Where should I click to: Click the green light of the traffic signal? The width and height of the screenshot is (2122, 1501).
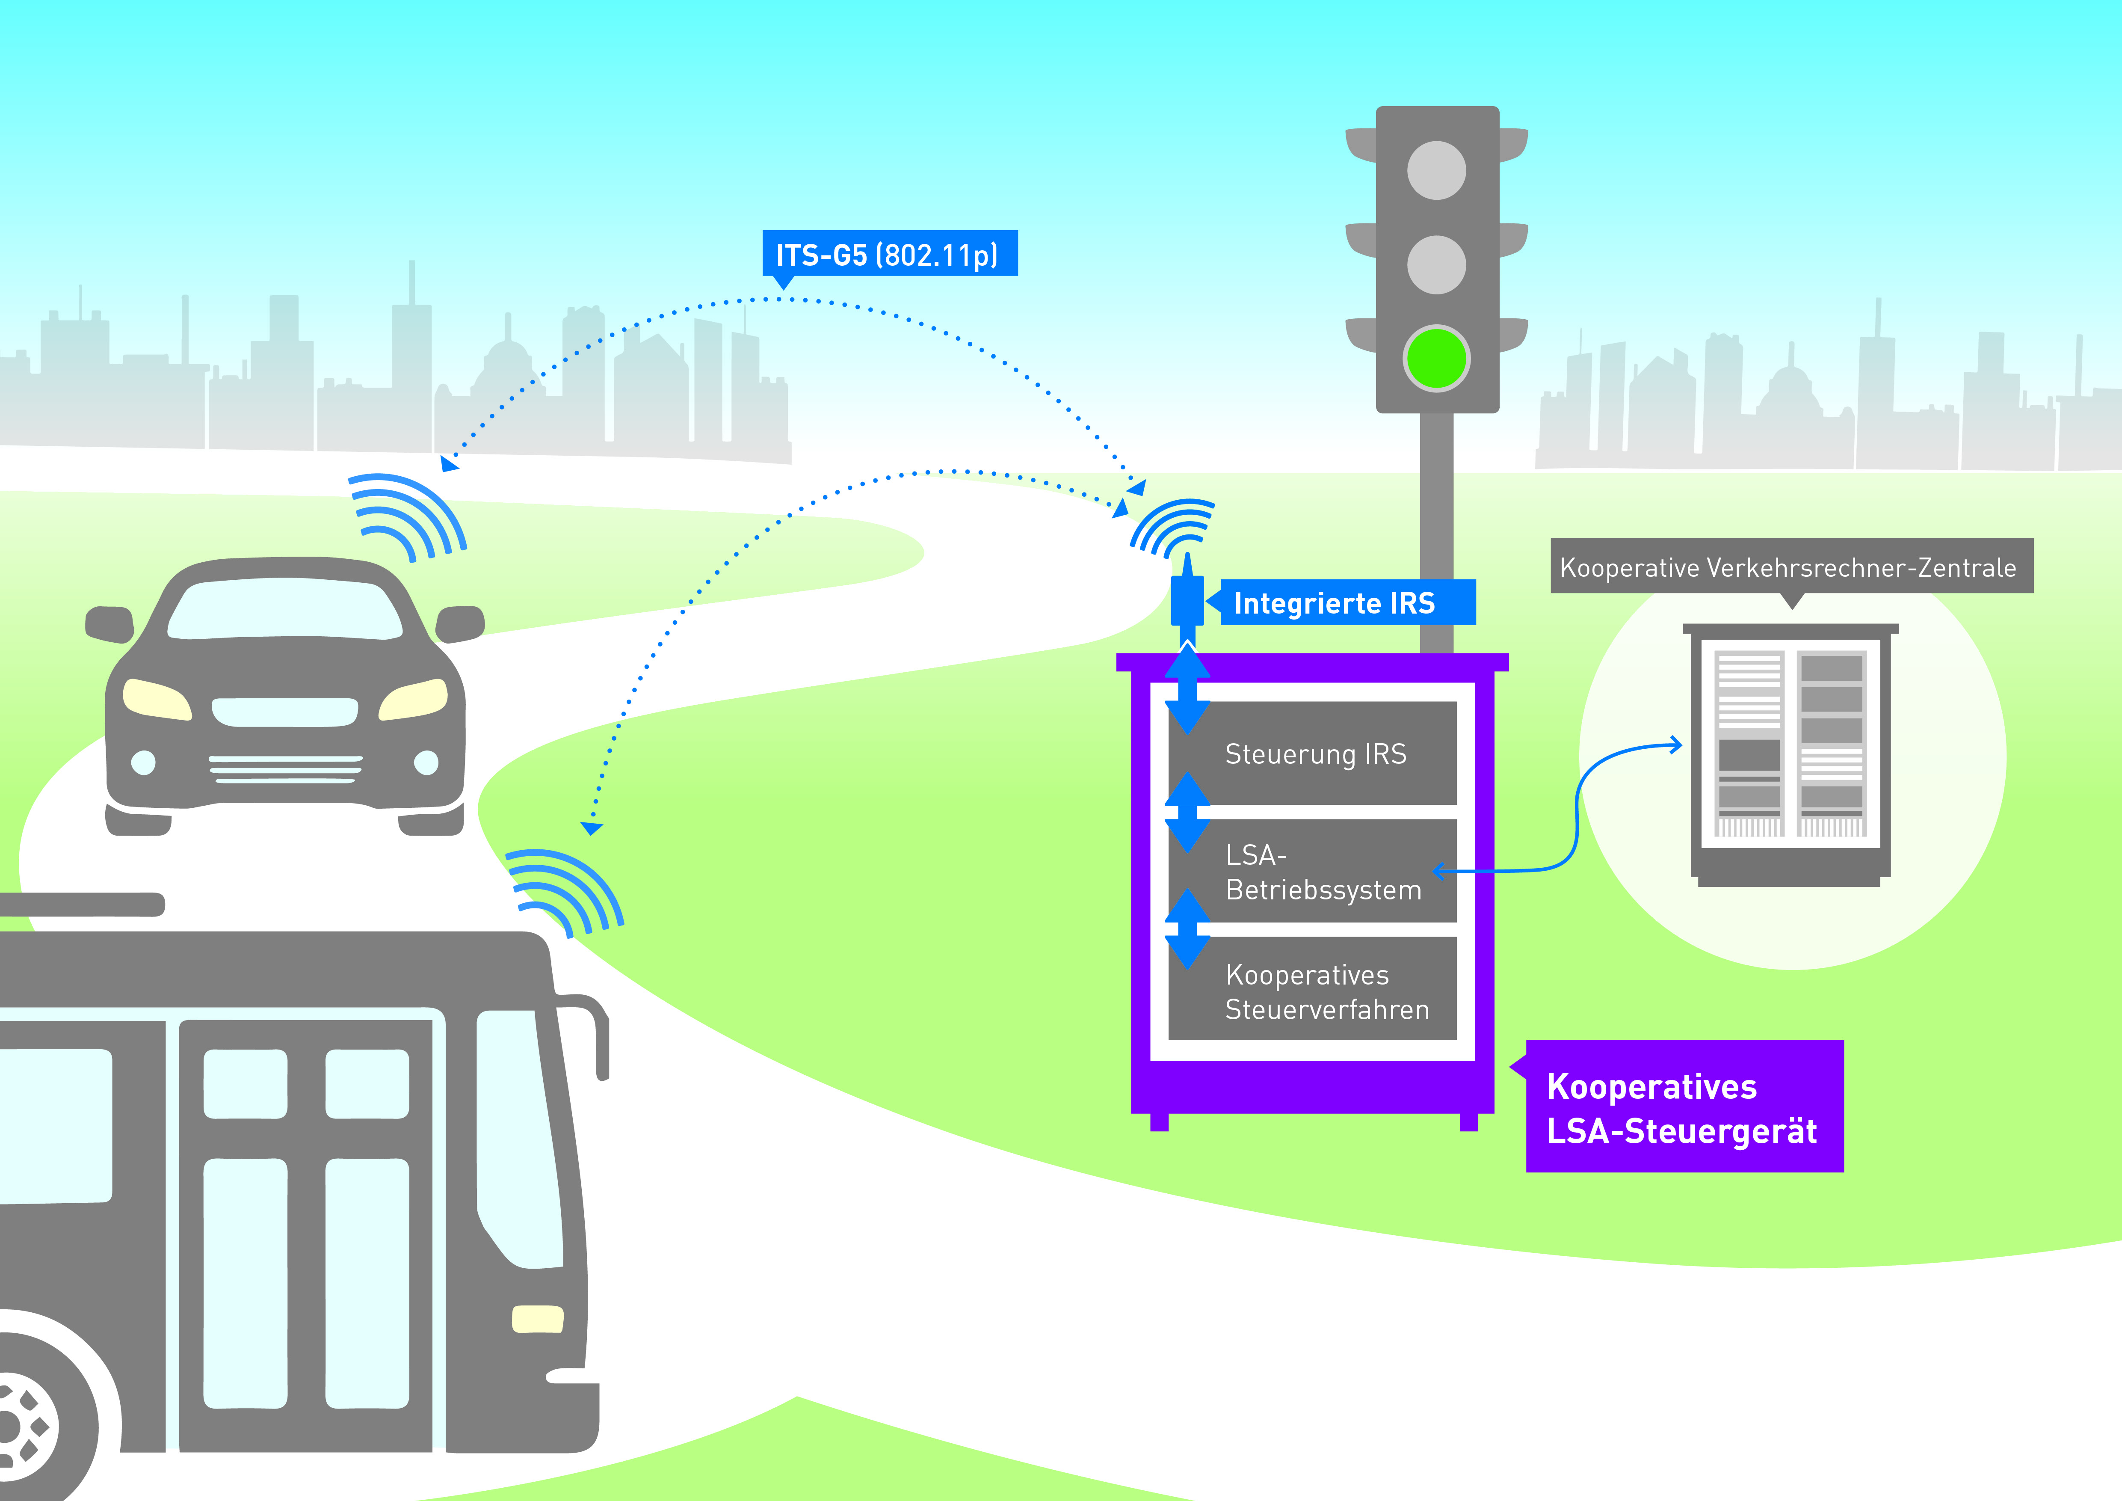[x=1436, y=358]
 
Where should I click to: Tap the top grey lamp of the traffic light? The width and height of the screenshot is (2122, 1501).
[x=1436, y=170]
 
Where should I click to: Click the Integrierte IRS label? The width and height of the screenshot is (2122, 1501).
[x=1347, y=602]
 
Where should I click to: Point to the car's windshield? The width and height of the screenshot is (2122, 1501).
[x=285, y=612]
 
